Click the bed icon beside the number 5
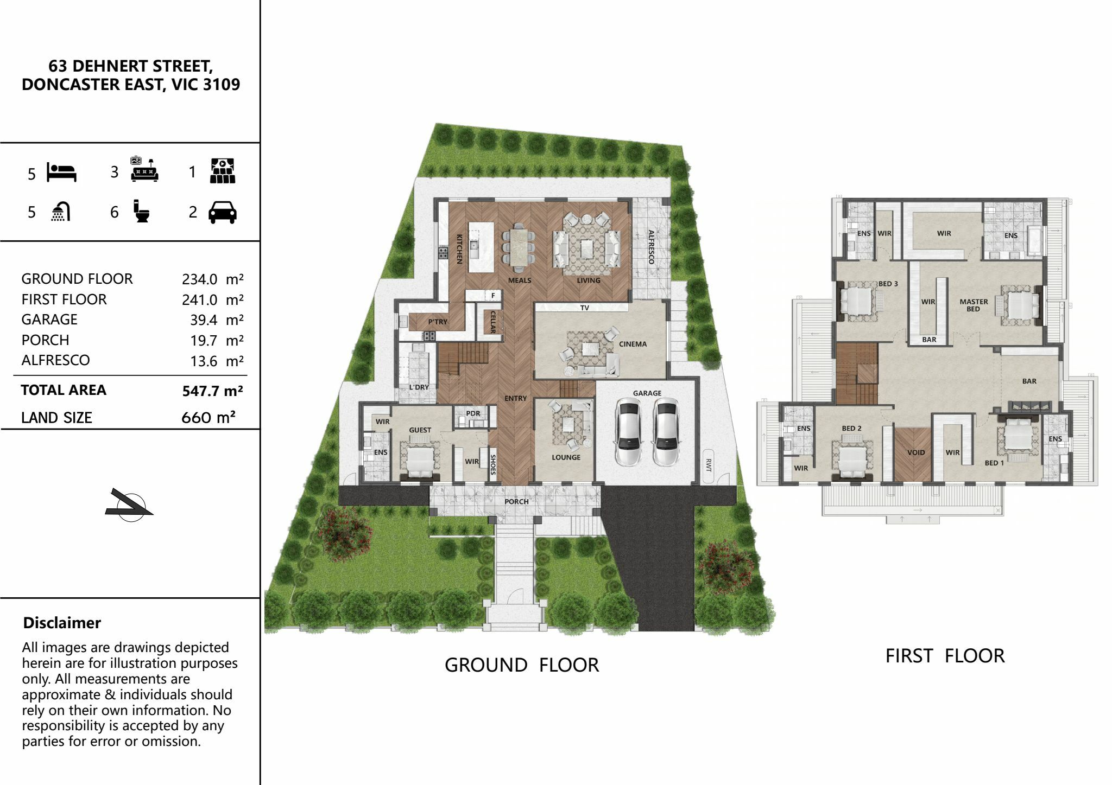tap(61, 172)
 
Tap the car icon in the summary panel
tap(223, 212)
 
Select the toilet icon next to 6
tap(142, 211)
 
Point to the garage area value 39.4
tap(204, 320)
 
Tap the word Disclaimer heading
tap(62, 623)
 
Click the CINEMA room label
tap(633, 344)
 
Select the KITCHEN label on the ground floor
tap(459, 249)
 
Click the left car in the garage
tap(628, 432)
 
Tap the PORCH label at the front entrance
tap(516, 501)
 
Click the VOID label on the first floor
tap(916, 452)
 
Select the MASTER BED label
tap(974, 305)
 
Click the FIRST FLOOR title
tap(945, 656)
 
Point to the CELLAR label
tap(493, 321)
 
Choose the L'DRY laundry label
tap(419, 387)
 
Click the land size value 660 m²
tap(208, 417)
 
